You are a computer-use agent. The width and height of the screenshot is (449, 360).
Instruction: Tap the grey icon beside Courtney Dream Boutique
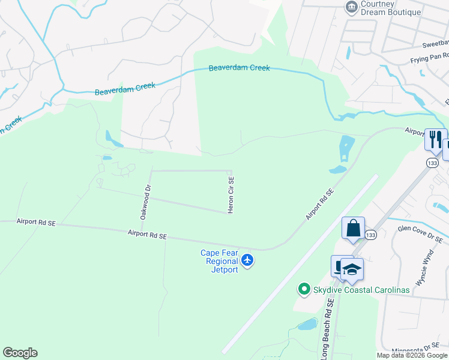tap(351, 7)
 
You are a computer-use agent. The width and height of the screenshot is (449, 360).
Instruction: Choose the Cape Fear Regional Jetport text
tap(220, 261)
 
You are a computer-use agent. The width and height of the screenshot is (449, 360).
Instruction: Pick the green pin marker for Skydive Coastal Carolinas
tap(304, 290)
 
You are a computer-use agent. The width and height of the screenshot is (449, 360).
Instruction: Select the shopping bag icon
tap(353, 228)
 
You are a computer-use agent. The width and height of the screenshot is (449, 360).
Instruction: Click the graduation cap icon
tap(352, 269)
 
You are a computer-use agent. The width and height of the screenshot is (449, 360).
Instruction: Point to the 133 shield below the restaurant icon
tap(432, 163)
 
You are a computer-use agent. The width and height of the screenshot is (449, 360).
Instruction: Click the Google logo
tap(20, 352)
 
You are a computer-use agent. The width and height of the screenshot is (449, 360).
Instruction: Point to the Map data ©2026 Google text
tap(412, 355)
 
